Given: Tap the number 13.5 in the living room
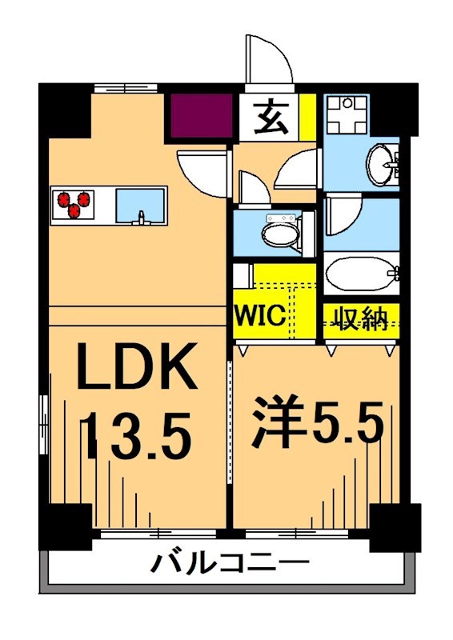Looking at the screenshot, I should coord(138,433).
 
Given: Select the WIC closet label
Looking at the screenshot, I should coord(259,315).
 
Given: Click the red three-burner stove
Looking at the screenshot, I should coord(74,204).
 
